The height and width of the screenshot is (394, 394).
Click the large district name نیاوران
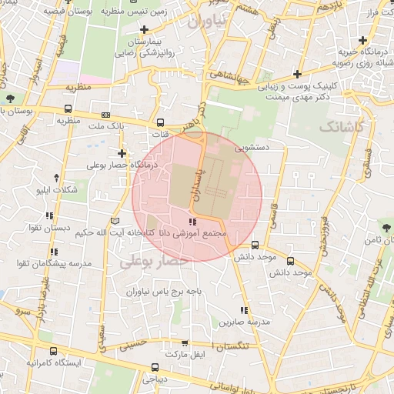click(x=209, y=22)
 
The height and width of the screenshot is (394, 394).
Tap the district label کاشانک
click(x=343, y=125)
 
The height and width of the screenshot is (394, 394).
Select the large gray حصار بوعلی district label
click(x=154, y=262)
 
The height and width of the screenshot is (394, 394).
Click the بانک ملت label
click(x=106, y=125)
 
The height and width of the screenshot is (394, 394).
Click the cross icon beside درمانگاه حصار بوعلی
click(x=122, y=153)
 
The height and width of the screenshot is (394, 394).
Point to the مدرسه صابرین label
click(x=271, y=322)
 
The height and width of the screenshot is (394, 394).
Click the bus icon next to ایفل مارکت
click(x=155, y=367)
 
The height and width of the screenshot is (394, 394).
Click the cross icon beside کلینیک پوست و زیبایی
click(x=298, y=75)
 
